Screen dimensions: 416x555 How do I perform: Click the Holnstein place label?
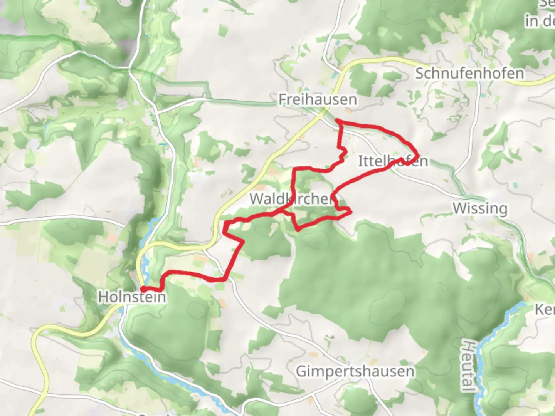(x=132, y=297)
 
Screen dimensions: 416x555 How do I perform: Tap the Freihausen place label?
(x=318, y=99)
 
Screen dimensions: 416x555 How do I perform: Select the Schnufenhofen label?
(x=469, y=73)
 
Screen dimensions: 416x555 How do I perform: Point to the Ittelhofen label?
(x=393, y=161)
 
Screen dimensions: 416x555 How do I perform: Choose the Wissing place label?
(x=480, y=208)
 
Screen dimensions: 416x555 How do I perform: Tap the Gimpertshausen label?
(x=355, y=371)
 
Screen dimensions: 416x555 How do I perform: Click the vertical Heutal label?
(x=468, y=365)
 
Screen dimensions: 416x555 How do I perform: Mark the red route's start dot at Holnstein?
(x=143, y=289)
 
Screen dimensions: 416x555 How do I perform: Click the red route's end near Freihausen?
(x=337, y=121)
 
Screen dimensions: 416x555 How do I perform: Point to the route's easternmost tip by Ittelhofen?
(x=418, y=156)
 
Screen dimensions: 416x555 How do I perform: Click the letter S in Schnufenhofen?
(x=419, y=73)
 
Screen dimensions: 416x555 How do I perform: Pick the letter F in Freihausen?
(x=283, y=99)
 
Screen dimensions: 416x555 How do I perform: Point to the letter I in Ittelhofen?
(x=360, y=161)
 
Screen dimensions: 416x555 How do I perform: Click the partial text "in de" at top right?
(x=540, y=21)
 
